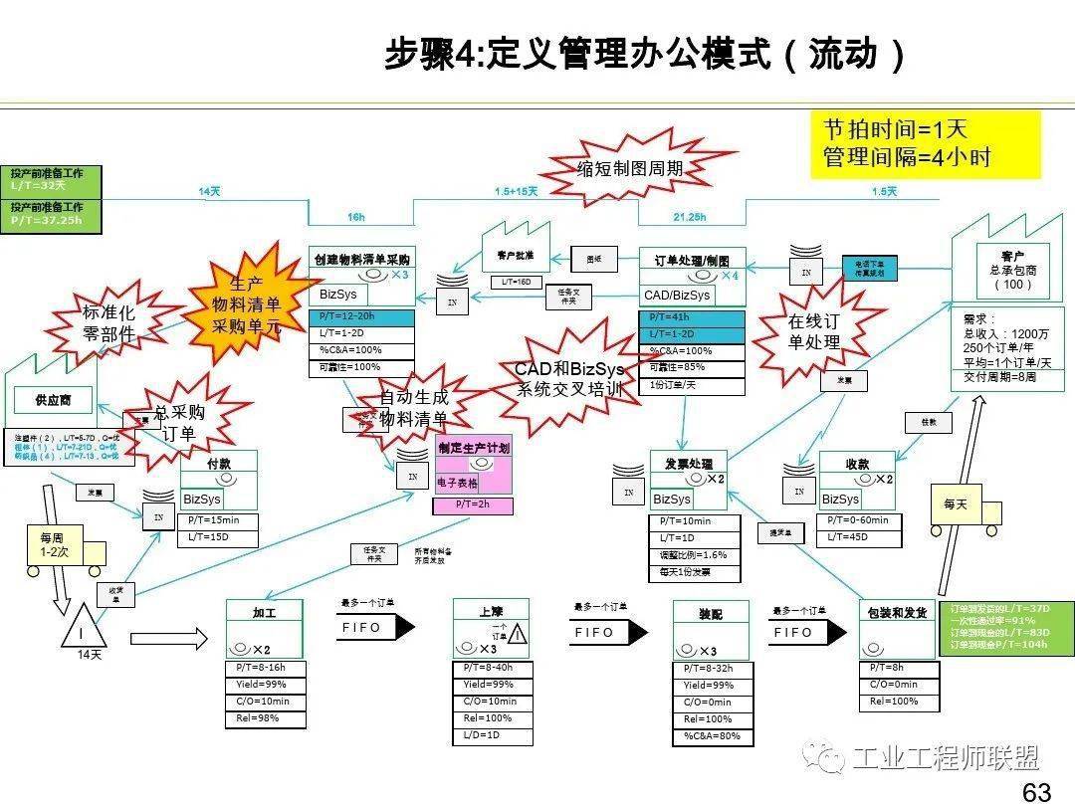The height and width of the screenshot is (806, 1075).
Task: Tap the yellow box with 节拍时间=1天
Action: click(924, 144)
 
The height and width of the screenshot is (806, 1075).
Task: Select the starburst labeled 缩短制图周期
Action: click(630, 168)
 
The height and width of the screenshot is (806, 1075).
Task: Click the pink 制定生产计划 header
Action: click(474, 448)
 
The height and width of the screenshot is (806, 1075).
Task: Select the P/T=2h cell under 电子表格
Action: click(474, 505)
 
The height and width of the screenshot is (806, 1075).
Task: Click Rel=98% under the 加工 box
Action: click(264, 718)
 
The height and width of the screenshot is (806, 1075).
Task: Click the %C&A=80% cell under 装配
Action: click(712, 736)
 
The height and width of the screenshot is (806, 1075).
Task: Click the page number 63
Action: click(1036, 792)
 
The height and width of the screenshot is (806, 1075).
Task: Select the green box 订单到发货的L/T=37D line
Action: click(1006, 607)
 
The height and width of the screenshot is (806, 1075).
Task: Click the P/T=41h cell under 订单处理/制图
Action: click(691, 317)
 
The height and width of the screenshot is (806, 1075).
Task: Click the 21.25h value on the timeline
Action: click(689, 216)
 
